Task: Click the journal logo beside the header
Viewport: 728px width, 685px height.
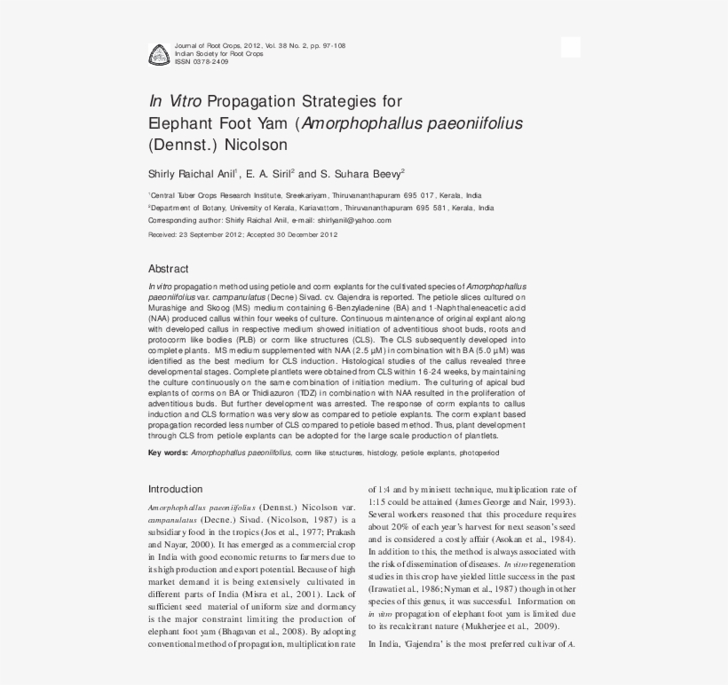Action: point(158,54)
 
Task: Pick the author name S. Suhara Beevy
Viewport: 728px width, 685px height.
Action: point(366,174)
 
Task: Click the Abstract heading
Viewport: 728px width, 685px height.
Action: point(168,269)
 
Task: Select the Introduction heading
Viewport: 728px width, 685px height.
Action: point(175,489)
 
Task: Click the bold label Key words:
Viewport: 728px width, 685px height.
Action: point(167,453)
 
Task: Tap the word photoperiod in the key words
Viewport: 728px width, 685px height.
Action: point(479,453)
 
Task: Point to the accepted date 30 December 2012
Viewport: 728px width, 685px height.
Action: point(306,235)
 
